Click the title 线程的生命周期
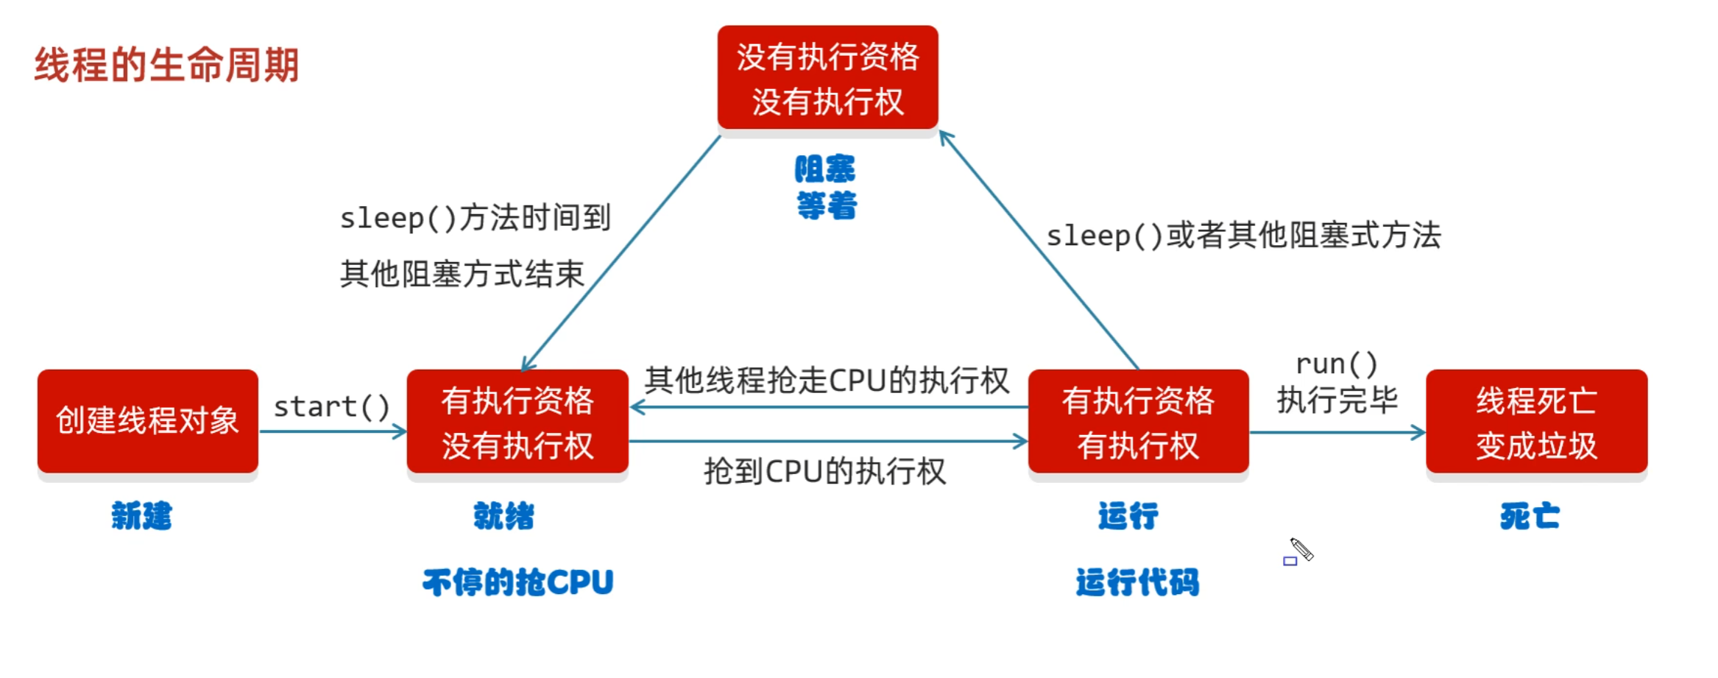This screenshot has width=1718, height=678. click(166, 65)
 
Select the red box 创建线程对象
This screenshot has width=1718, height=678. click(147, 421)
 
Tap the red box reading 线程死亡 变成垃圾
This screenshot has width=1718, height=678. click(1535, 423)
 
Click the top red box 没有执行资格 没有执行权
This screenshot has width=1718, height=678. click(827, 78)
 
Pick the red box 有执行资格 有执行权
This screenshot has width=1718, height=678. click(1138, 423)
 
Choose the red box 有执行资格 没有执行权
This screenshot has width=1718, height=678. click(517, 423)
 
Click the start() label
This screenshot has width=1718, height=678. click(331, 406)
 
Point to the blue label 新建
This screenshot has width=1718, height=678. click(141, 516)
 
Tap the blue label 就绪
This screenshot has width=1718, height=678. click(503, 516)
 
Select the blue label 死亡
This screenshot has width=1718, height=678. click(1530, 516)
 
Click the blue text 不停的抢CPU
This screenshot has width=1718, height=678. click(517, 582)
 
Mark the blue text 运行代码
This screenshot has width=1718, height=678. click(1137, 582)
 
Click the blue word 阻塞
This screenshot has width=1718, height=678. click(824, 169)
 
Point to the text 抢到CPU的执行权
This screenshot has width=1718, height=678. click(824, 471)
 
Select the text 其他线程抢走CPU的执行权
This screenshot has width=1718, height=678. click(826, 381)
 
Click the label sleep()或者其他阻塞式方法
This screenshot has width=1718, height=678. click(1243, 236)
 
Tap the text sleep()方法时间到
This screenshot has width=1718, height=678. click(475, 218)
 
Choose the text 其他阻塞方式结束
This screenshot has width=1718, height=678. click(462, 274)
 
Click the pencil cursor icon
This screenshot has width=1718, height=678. click(1301, 549)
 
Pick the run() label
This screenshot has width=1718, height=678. click(1336, 364)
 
